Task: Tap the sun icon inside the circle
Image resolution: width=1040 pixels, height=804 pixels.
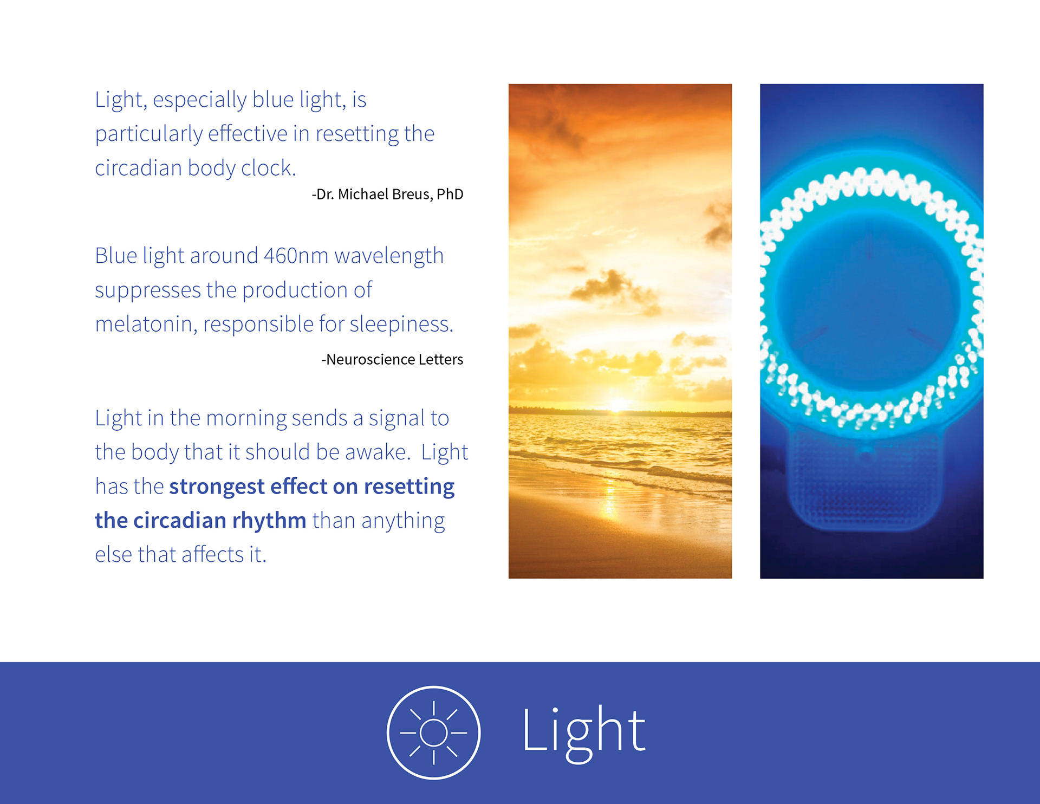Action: coord(433,732)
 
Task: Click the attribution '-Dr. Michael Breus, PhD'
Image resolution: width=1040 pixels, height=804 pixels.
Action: coord(387,194)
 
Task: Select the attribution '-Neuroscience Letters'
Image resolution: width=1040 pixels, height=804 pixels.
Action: coord(392,359)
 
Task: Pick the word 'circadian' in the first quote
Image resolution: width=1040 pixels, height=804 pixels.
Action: coord(138,167)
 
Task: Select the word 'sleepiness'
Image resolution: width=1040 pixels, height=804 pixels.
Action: coord(401,324)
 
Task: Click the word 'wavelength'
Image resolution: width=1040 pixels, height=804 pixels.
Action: coord(389,256)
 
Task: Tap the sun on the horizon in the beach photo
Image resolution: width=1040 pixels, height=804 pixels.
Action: coord(617,404)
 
